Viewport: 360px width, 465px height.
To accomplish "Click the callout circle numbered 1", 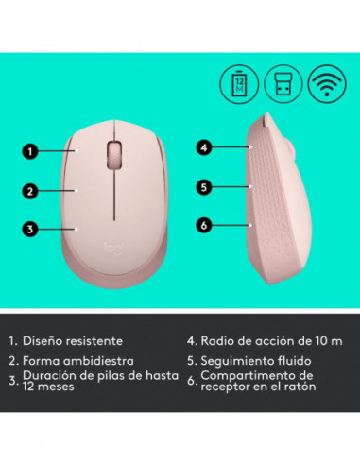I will [x=31, y=149].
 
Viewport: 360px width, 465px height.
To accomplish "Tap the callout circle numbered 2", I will [x=31, y=190].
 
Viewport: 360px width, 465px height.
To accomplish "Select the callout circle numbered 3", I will [x=31, y=228].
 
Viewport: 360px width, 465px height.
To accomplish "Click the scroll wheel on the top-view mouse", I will [x=114, y=152].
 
